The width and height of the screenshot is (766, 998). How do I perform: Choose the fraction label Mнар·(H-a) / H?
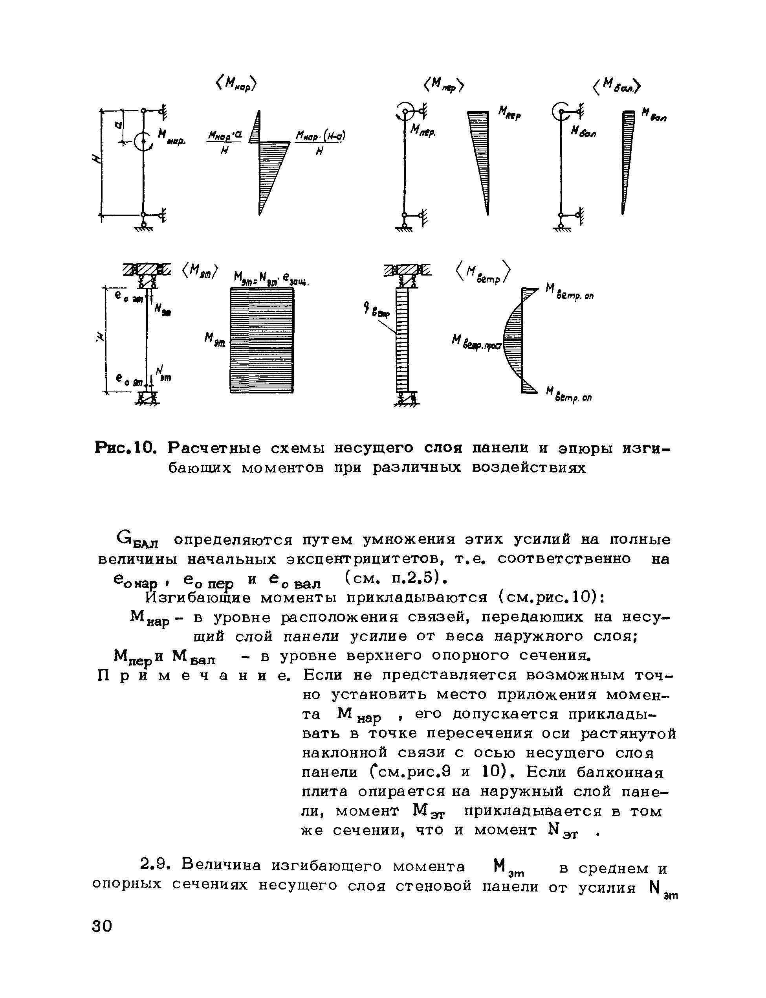[x=321, y=143]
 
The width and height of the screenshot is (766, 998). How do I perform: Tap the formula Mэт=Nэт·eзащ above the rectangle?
[x=271, y=278]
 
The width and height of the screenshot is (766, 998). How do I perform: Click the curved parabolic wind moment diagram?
[x=514, y=340]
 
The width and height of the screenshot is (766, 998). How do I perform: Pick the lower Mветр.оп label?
[x=569, y=395]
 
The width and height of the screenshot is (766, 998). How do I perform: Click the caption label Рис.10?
[x=125, y=449]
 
